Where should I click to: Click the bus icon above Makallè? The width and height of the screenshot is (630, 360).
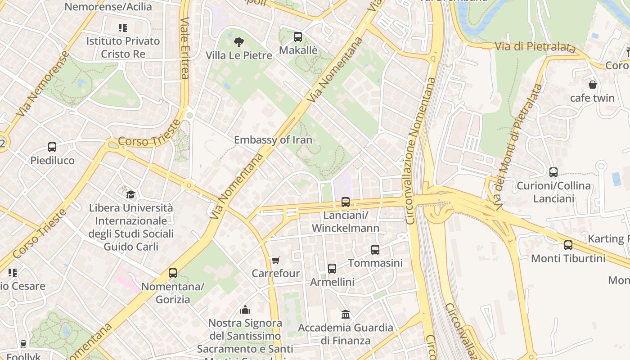click(298, 37)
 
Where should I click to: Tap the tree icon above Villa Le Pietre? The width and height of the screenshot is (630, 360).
click(239, 42)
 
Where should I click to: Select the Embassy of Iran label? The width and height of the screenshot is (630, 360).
click(273, 140)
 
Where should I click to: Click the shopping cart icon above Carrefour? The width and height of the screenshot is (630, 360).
click(275, 260)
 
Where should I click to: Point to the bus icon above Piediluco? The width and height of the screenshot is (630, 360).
click(52, 147)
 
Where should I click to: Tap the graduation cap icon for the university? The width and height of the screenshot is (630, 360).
click(130, 194)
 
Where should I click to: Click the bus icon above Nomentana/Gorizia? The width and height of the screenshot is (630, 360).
click(173, 273)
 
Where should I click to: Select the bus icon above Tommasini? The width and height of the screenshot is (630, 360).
click(375, 249)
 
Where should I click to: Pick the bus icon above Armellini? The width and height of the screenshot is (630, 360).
click(332, 269)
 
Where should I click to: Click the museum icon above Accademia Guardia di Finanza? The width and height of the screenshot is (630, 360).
click(346, 314)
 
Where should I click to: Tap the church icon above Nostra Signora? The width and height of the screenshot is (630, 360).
click(245, 310)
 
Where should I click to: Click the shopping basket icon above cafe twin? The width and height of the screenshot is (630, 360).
click(593, 85)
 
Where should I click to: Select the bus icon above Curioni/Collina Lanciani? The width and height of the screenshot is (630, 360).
click(553, 172)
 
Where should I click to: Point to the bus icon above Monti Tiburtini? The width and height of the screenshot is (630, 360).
click(568, 245)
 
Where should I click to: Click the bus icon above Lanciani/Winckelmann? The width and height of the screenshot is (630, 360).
click(346, 202)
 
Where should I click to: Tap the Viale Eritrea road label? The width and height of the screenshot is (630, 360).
click(184, 48)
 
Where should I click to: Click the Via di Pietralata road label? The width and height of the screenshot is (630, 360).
click(535, 47)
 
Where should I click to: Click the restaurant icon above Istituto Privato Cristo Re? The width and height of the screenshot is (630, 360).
click(123, 28)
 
